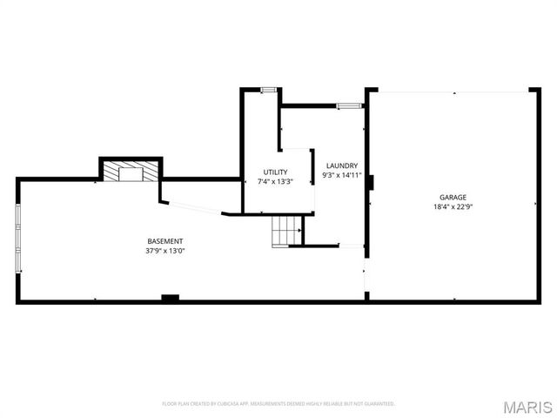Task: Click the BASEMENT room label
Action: (x=164, y=241)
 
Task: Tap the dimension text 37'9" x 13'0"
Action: (x=164, y=251)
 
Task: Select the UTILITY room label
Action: (x=275, y=172)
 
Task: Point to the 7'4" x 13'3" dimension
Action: (x=275, y=182)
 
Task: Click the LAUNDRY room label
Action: (x=341, y=165)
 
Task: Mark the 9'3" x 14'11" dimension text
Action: (x=341, y=175)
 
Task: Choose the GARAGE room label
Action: (x=453, y=198)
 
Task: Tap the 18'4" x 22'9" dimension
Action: (x=453, y=207)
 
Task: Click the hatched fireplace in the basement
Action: (x=131, y=172)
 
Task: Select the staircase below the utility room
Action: (x=286, y=231)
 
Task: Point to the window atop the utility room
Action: (x=268, y=89)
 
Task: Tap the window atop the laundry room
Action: (x=349, y=105)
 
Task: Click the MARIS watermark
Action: (x=527, y=406)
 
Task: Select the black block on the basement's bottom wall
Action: (x=170, y=299)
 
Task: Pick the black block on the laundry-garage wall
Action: (x=371, y=182)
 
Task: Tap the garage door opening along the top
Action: (x=453, y=90)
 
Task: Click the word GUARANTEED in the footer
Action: (x=379, y=404)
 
